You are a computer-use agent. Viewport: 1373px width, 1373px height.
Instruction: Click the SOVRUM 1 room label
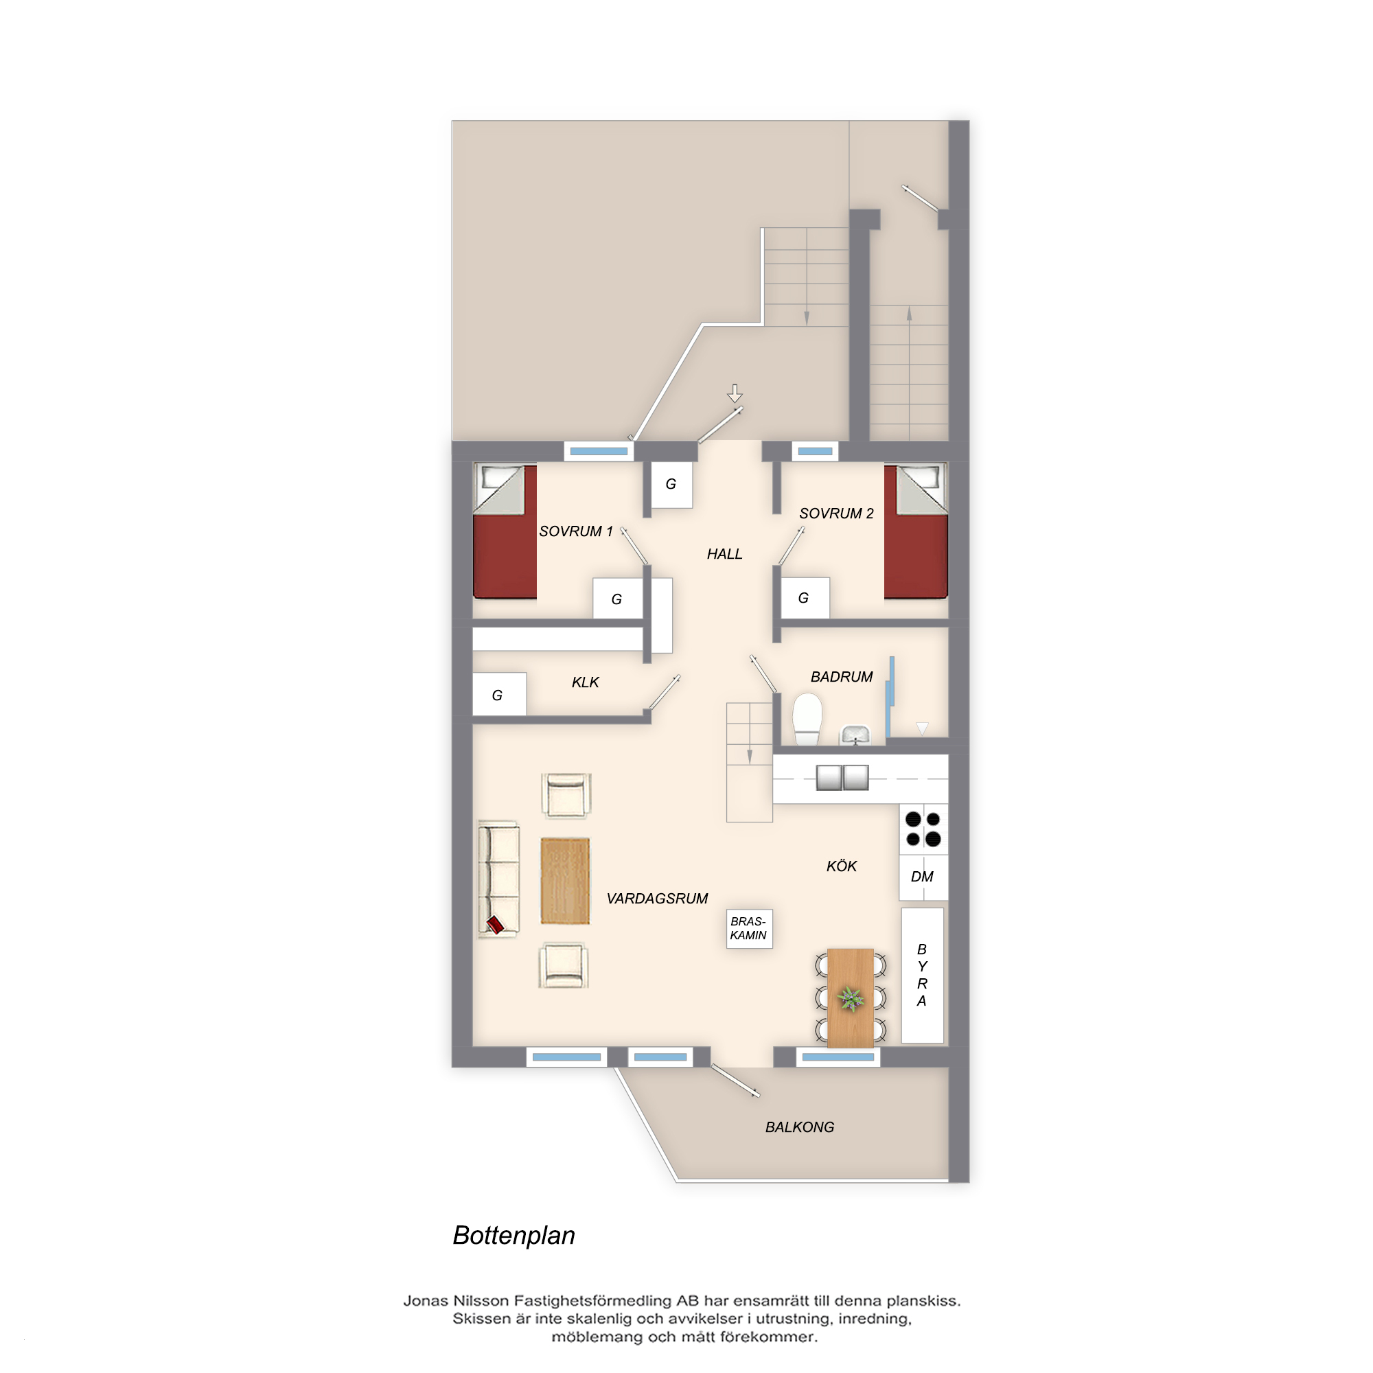[x=576, y=531]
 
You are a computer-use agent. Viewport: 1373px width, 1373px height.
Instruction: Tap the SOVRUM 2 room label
[x=836, y=514]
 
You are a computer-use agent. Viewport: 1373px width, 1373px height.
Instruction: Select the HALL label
[x=724, y=554]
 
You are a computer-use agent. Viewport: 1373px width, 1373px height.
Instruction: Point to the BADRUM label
[x=842, y=678]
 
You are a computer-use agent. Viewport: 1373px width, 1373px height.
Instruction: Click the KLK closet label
[x=585, y=683]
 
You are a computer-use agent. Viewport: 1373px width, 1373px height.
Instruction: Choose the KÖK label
[x=842, y=866]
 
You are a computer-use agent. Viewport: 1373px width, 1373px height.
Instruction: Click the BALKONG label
[x=800, y=1127]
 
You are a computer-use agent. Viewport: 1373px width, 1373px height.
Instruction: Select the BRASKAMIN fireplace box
[x=749, y=929]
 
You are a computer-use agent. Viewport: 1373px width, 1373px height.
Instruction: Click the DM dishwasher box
[x=923, y=877]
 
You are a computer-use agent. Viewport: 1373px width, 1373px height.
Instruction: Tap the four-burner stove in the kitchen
[x=923, y=829]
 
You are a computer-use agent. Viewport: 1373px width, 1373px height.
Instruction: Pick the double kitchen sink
[x=842, y=778]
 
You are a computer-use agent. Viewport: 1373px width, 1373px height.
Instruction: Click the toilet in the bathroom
[x=807, y=719]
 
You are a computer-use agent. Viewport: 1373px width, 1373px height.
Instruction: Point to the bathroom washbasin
[x=855, y=734]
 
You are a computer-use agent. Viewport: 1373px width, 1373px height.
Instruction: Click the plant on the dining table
[x=851, y=999]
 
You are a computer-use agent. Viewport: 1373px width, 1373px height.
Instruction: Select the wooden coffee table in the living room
[x=565, y=881]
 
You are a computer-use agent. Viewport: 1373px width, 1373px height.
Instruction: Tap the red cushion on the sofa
[x=496, y=925]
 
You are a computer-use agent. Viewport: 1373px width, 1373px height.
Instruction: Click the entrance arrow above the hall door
[x=735, y=393]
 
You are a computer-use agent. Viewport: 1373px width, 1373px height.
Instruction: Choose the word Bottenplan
[x=514, y=1236]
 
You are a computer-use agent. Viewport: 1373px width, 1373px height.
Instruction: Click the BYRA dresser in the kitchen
[x=923, y=975]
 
